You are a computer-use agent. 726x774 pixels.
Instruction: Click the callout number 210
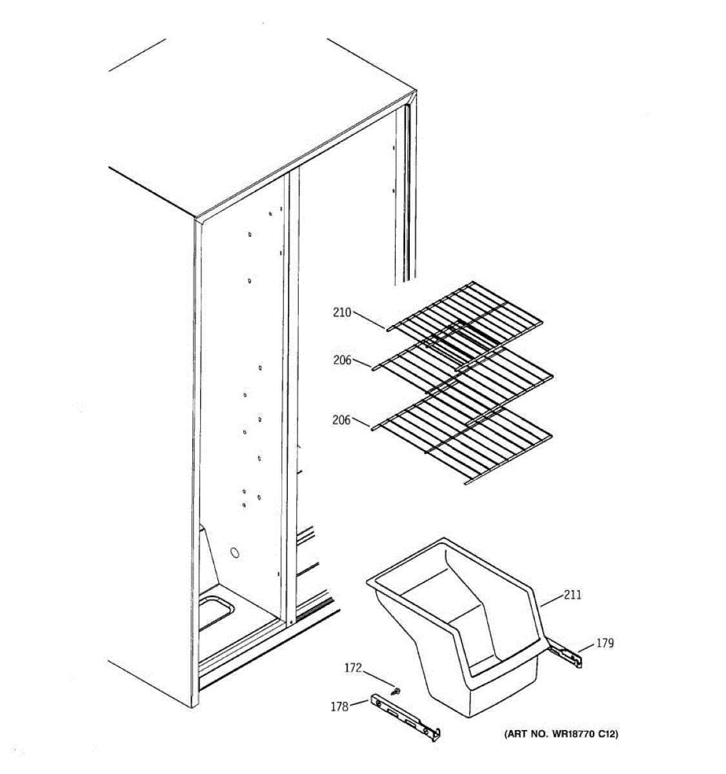point(342,313)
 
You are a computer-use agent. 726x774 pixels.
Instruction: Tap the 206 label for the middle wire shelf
point(342,360)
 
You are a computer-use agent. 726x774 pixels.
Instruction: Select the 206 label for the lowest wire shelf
point(341,420)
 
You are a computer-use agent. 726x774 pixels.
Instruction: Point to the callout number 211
point(572,595)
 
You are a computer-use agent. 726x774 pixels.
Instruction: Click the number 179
point(605,643)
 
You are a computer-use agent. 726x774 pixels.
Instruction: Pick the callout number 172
point(353,668)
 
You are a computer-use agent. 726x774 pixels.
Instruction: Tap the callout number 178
point(339,706)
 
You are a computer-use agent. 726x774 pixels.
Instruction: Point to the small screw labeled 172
point(396,691)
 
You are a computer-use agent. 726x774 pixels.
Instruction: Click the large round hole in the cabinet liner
point(234,553)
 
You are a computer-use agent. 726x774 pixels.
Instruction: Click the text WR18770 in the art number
point(572,734)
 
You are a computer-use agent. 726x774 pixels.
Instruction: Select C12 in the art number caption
point(606,734)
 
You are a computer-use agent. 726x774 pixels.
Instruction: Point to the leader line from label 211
point(551,600)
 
